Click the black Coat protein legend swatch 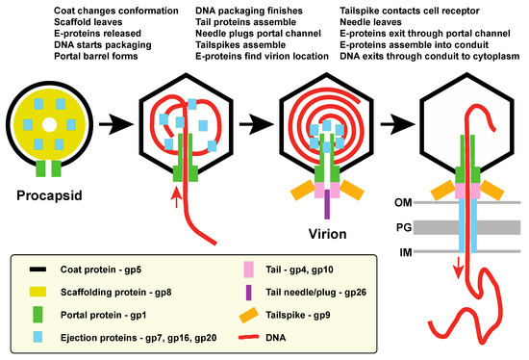click(38, 270)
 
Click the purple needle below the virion click(326, 205)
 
